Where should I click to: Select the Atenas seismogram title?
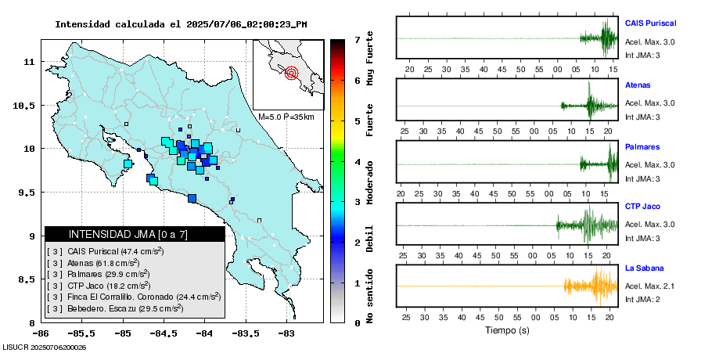point(638,85)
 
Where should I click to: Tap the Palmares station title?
point(642,147)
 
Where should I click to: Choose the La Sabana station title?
point(644,268)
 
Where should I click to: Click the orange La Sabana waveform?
point(592,286)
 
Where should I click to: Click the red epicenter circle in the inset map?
point(291,74)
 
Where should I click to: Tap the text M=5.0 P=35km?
point(286,117)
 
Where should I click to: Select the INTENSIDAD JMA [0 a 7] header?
point(135,234)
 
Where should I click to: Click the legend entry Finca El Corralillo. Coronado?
point(133,297)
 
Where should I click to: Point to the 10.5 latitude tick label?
point(26,106)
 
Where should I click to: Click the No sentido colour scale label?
point(370,297)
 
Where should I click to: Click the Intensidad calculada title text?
point(180,23)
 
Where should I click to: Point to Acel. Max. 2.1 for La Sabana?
point(650,286)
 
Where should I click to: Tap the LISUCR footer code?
point(45,347)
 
